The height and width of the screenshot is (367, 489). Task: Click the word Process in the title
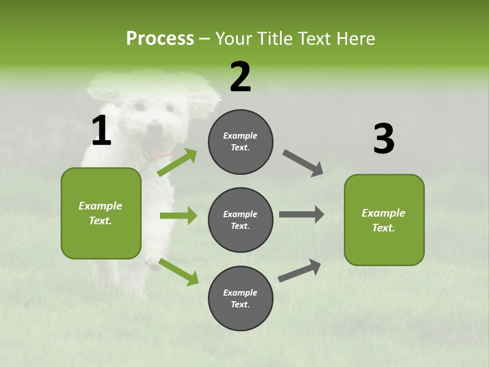(x=160, y=39)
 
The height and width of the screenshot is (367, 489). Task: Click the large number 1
(x=101, y=130)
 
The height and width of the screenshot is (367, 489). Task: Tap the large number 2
(x=240, y=77)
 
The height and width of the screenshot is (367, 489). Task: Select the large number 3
(x=384, y=139)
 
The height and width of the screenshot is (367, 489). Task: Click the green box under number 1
(x=101, y=213)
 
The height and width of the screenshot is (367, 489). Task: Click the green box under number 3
(x=384, y=220)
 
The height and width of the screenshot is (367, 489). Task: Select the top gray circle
(x=240, y=142)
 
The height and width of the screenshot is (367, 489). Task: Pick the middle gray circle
(x=240, y=220)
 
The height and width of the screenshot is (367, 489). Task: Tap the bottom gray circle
(x=240, y=298)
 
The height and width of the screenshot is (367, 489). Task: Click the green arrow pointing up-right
(x=177, y=163)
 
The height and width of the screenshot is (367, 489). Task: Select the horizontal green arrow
(x=178, y=216)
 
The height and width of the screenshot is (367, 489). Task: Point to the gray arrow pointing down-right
(x=303, y=163)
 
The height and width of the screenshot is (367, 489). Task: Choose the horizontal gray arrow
(x=302, y=215)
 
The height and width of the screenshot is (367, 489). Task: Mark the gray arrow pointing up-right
(x=300, y=271)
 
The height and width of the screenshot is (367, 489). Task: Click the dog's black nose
(x=154, y=128)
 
